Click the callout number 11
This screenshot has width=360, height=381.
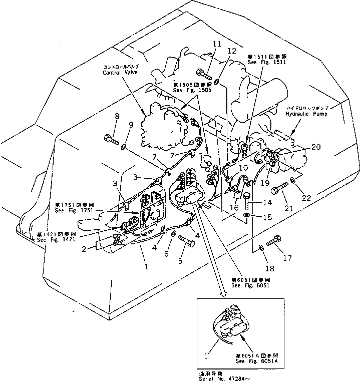click(x=216, y=45)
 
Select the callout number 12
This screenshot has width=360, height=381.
click(x=231, y=51)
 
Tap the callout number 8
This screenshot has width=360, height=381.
click(x=117, y=117)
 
